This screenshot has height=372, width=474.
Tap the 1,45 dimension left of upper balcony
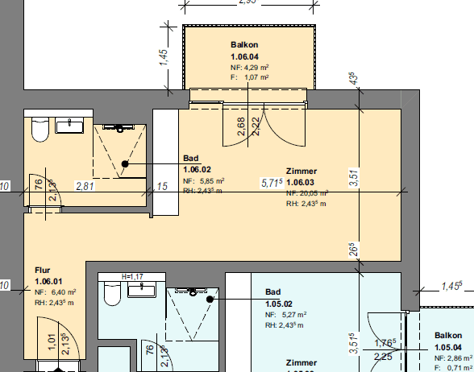(x=163, y=57)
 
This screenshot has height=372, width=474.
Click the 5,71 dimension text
(x=271, y=184)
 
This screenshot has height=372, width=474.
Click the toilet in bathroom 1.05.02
(x=112, y=296)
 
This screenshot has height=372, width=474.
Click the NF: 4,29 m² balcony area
(x=249, y=68)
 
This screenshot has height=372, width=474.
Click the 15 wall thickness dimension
(x=162, y=186)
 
